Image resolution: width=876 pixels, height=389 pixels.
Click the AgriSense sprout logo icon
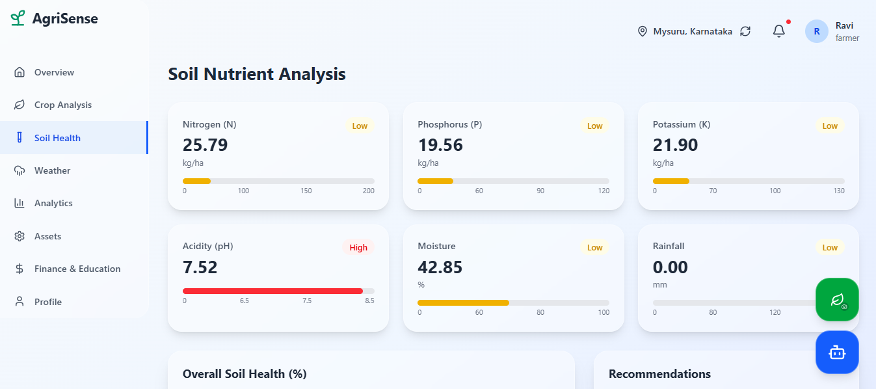(x=18, y=18)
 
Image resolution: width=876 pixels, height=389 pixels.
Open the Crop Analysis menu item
(x=62, y=105)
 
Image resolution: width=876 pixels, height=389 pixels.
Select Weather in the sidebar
(x=52, y=170)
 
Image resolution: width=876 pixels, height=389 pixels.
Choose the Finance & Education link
(x=77, y=269)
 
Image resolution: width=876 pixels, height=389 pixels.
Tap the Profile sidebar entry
(x=48, y=302)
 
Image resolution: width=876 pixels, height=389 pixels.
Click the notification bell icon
(x=779, y=31)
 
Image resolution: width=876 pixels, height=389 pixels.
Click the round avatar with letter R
(x=817, y=31)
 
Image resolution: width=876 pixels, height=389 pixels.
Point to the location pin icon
(x=643, y=31)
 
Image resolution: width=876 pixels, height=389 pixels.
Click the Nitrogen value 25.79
(x=205, y=145)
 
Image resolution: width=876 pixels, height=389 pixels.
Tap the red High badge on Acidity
(x=358, y=247)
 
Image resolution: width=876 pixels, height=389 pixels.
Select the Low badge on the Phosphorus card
(x=594, y=126)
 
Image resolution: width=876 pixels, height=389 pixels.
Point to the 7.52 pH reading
(x=200, y=267)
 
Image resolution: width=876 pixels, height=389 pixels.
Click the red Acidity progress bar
(x=272, y=291)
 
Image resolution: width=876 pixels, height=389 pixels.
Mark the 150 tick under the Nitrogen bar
(x=306, y=191)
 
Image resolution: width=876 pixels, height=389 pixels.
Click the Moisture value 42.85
(x=440, y=267)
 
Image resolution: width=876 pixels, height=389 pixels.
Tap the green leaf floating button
(x=837, y=300)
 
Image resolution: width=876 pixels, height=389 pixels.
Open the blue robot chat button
(x=837, y=353)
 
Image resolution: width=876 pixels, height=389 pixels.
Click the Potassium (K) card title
(x=682, y=124)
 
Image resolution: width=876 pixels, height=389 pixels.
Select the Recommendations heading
(x=659, y=374)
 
